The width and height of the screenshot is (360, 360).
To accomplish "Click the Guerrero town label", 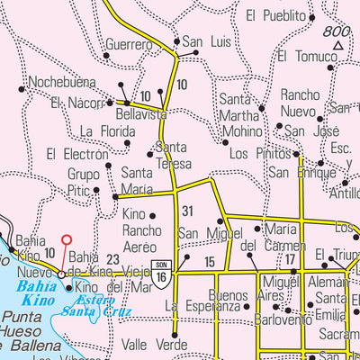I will (x=129, y=44).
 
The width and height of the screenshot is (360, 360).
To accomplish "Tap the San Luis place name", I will (x=207, y=41).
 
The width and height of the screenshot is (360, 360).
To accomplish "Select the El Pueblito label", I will (x=277, y=15).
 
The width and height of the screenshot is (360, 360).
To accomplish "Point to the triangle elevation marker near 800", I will (x=338, y=45).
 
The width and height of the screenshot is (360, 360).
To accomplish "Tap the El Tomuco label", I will (x=308, y=56).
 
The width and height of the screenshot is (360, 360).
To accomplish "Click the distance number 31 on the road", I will (x=188, y=211).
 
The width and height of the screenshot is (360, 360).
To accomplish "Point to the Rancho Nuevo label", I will (x=301, y=102).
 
